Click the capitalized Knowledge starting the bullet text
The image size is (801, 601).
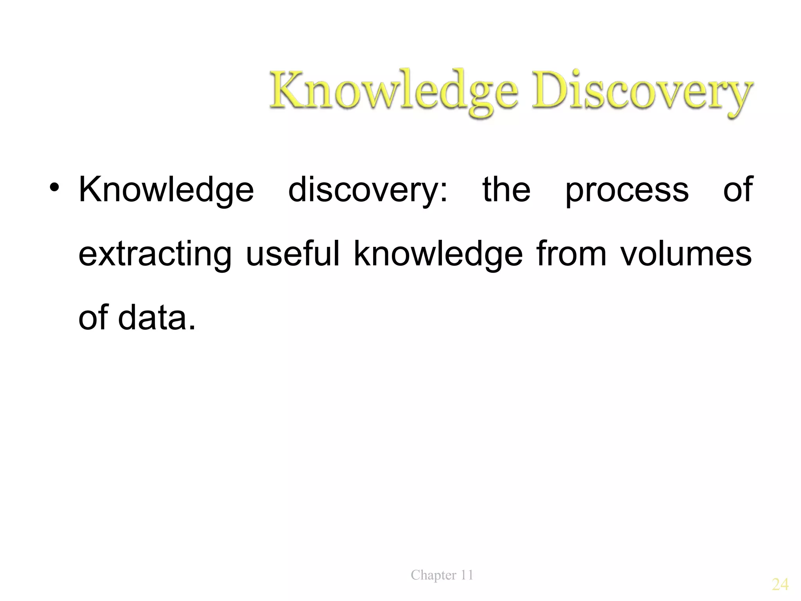(x=166, y=190)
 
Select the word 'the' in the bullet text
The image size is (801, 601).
(x=506, y=189)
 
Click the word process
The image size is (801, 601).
(x=627, y=190)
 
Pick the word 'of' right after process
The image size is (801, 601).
(x=738, y=189)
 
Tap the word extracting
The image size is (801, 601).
(x=155, y=254)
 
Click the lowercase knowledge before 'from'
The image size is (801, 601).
(x=438, y=254)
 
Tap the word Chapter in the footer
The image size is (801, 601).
(x=433, y=575)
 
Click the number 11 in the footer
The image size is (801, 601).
(x=467, y=575)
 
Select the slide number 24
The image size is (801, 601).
(x=780, y=585)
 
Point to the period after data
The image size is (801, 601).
(x=192, y=327)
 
